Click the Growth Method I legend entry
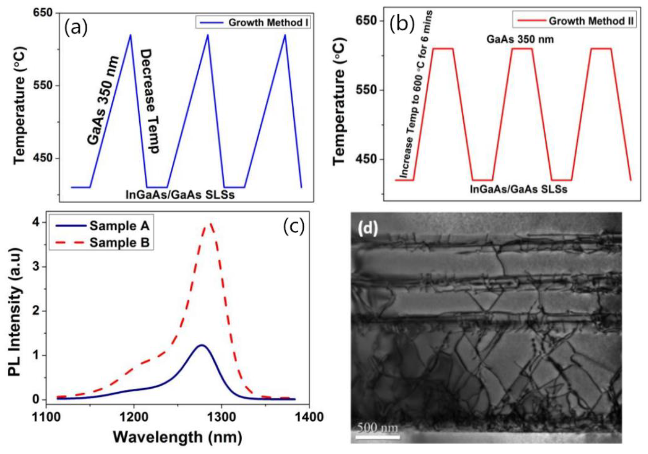pos(253,22)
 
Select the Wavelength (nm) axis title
pos(178,437)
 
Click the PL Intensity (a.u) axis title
pos(15,312)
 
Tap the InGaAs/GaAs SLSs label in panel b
pos(518,189)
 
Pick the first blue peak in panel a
pos(130,35)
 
